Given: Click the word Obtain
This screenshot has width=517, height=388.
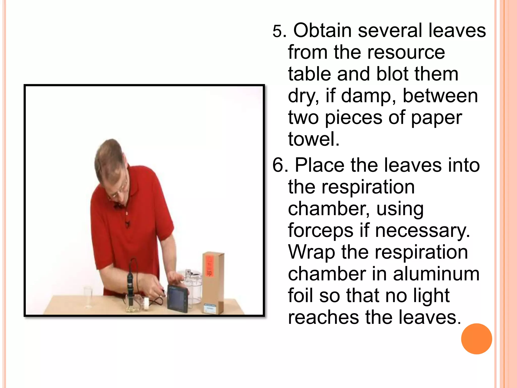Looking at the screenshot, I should [322, 30].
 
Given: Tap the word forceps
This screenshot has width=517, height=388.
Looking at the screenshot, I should [321, 230].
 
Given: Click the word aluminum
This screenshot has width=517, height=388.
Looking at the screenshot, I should [436, 274].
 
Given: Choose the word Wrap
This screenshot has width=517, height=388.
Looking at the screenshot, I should [311, 252].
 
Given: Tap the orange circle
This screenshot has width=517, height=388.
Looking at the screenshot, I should [476, 339].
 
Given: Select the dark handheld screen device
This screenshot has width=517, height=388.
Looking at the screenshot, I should [178, 298].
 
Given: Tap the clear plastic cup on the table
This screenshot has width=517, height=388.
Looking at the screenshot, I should [88, 297].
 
